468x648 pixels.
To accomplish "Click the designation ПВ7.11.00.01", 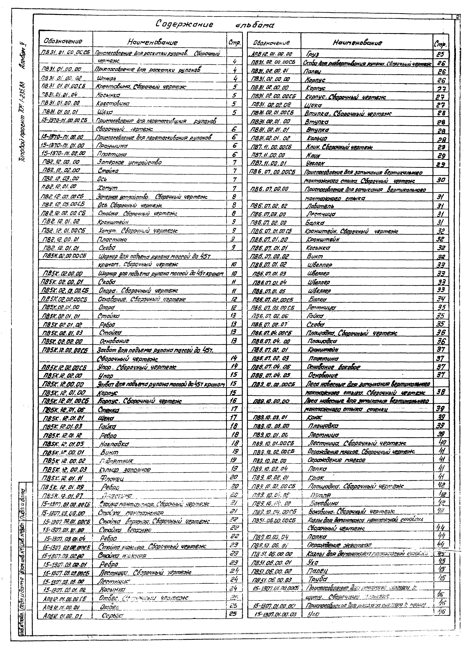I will point(268,163).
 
